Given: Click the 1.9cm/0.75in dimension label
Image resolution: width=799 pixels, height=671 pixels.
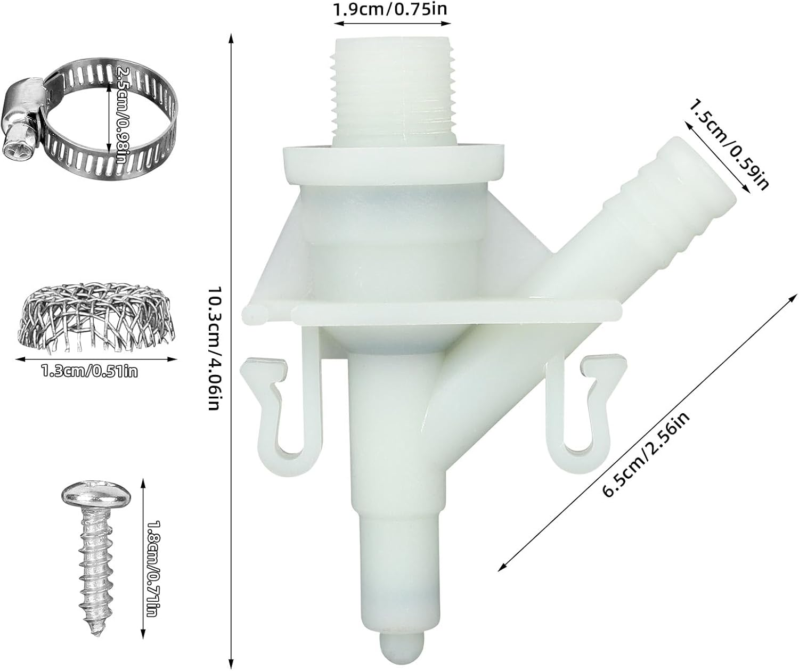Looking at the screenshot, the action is pos(389,9).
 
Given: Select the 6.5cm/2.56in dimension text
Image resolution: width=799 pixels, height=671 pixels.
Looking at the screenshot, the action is pos(646,454).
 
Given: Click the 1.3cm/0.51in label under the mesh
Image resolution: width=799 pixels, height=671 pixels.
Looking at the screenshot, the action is pos(89,372).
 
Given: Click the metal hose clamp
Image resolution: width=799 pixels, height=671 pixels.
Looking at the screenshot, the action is pos(89,119).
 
